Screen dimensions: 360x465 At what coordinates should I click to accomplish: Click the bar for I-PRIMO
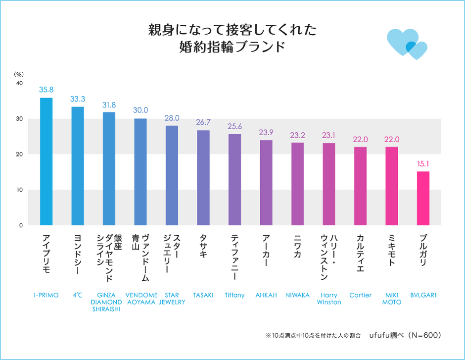(x=46, y=161)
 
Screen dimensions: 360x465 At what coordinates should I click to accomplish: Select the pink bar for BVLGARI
(x=423, y=198)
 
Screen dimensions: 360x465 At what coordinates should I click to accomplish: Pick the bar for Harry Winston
(x=329, y=184)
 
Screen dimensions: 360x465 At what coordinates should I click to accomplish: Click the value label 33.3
(x=77, y=99)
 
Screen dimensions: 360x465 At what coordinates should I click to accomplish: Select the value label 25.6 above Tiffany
(x=234, y=126)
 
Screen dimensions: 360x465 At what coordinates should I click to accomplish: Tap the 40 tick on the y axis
(x=19, y=83)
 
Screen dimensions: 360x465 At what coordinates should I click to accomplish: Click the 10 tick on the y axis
(x=19, y=190)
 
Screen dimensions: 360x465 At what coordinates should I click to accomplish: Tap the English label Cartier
(x=360, y=295)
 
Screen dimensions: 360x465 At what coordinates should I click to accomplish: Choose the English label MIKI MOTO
(x=391, y=299)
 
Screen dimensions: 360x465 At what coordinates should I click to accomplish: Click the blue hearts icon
(x=407, y=44)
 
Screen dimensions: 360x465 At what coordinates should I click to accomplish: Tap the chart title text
(x=232, y=39)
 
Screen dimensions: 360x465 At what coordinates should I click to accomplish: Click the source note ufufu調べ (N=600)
(x=405, y=335)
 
